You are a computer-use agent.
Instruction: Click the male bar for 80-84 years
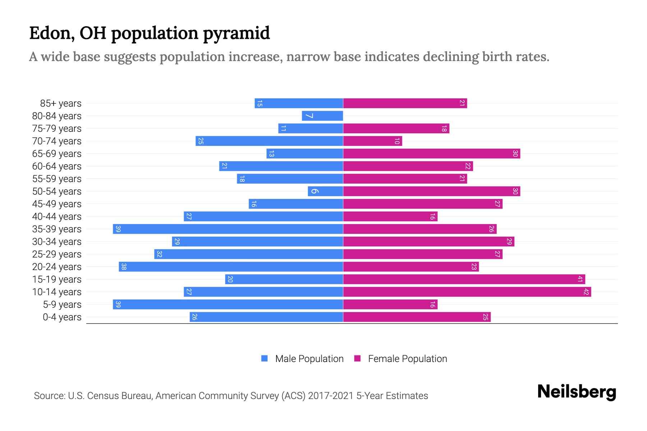(322, 116)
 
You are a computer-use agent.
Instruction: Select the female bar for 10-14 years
(467, 292)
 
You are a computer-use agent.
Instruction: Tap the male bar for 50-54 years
(325, 191)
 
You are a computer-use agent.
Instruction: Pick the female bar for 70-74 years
(372, 141)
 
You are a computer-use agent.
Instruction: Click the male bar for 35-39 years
(228, 229)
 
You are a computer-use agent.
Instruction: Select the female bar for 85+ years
(405, 103)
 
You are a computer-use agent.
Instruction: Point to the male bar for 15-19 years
(284, 279)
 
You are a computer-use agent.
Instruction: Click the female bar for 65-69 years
(431, 154)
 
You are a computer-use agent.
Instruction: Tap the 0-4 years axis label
(62, 317)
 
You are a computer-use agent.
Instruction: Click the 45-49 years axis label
(57, 204)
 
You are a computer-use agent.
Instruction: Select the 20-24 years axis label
(57, 267)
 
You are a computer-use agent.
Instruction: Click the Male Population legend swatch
(265, 358)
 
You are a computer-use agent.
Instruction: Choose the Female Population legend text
(407, 359)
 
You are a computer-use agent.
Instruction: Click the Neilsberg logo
(577, 392)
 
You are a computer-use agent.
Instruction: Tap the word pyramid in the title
(236, 33)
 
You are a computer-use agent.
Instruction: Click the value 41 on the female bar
(580, 279)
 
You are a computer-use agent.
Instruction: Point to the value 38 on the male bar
(124, 267)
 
